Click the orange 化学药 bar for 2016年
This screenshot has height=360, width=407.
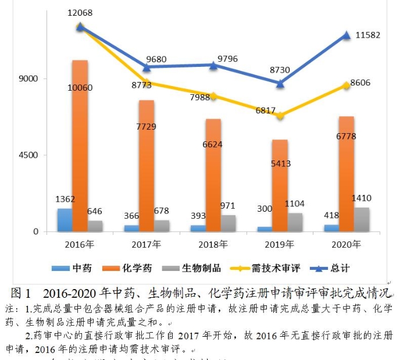[x=80, y=145]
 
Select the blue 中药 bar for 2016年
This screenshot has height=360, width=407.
[x=65, y=220]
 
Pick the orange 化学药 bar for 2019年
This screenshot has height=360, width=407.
[x=280, y=186]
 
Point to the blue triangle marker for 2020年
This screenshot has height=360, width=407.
[x=347, y=35]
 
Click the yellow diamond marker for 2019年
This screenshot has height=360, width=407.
[x=280, y=115]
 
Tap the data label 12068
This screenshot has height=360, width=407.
[x=80, y=12]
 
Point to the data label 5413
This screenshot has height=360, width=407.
[x=280, y=163]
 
